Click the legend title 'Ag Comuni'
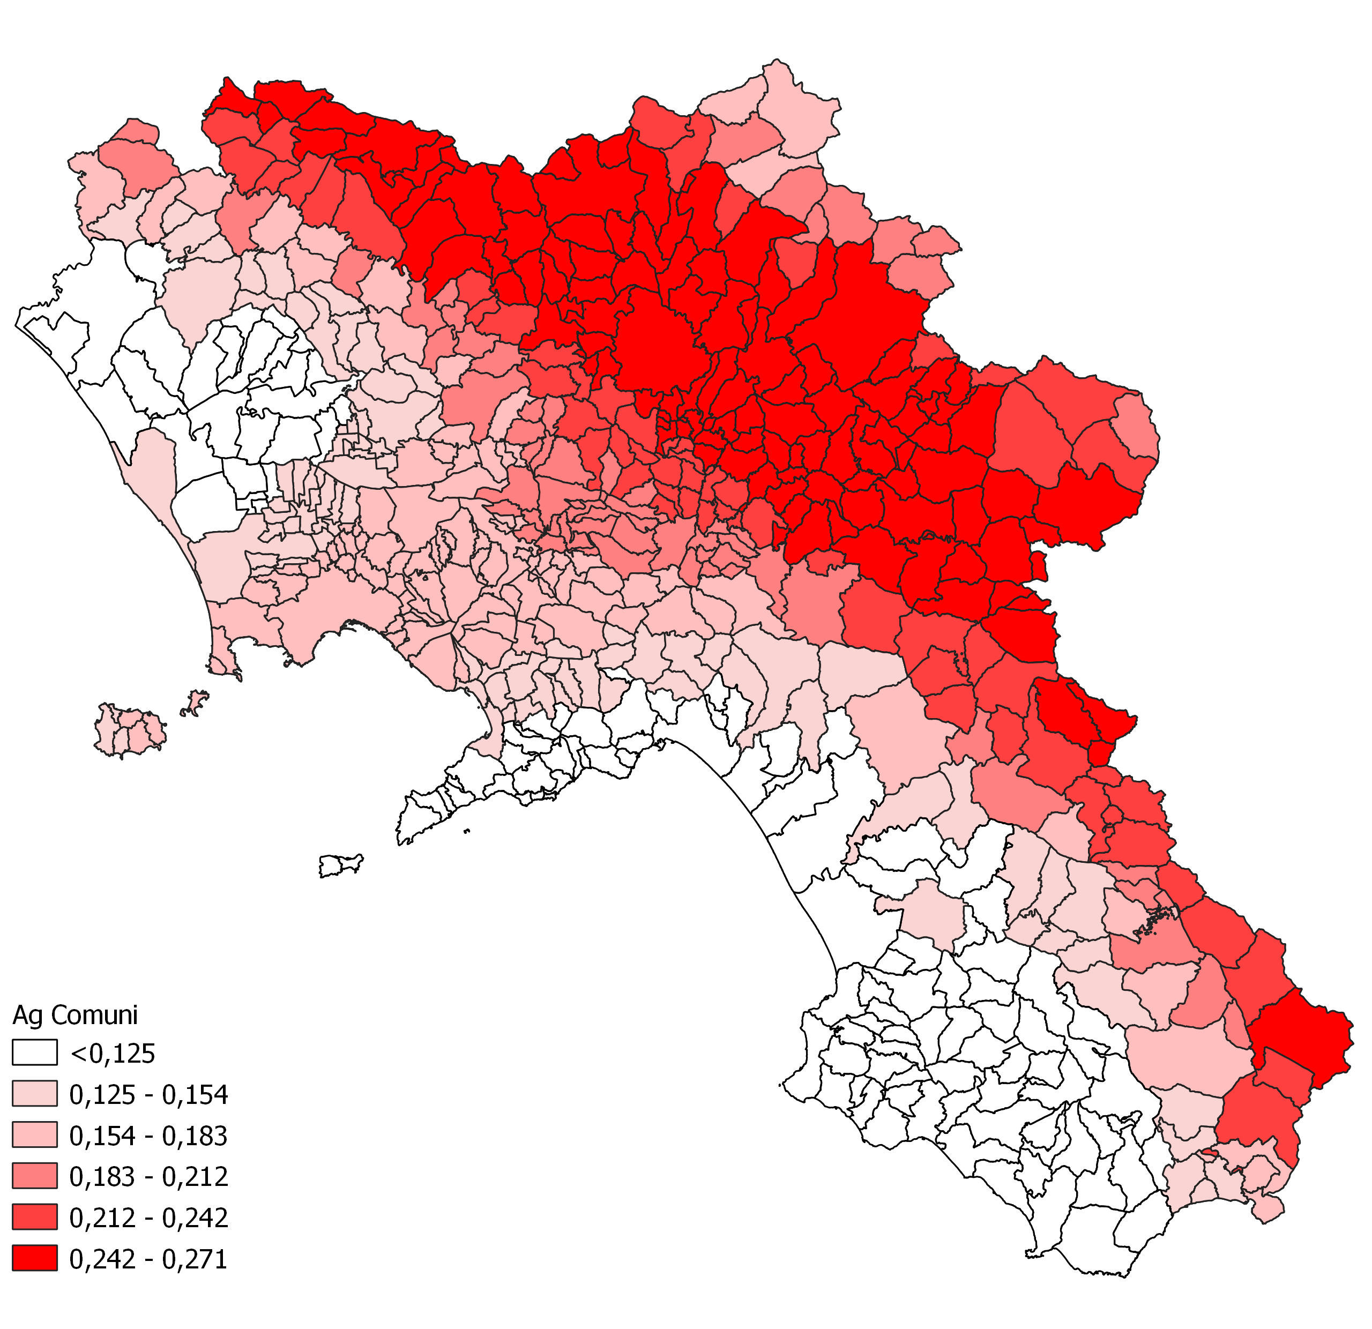(75, 1015)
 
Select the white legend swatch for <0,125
(34, 1053)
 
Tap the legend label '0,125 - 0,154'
(148, 1095)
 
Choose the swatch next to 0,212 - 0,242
(34, 1218)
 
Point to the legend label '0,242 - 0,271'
(148, 1259)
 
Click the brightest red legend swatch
(34, 1259)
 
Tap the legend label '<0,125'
(112, 1053)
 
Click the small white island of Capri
(341, 865)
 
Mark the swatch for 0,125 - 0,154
(34, 1095)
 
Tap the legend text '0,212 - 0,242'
(148, 1218)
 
